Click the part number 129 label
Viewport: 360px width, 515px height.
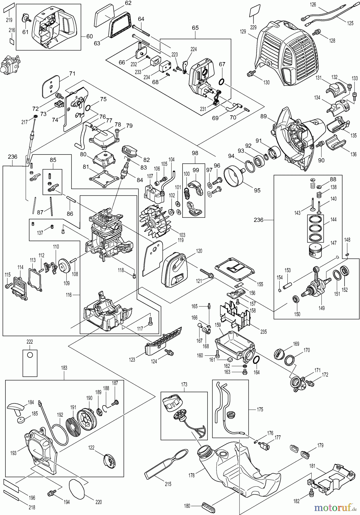point(243,32)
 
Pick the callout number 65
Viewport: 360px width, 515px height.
point(195,28)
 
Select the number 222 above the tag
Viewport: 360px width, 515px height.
point(30,342)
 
